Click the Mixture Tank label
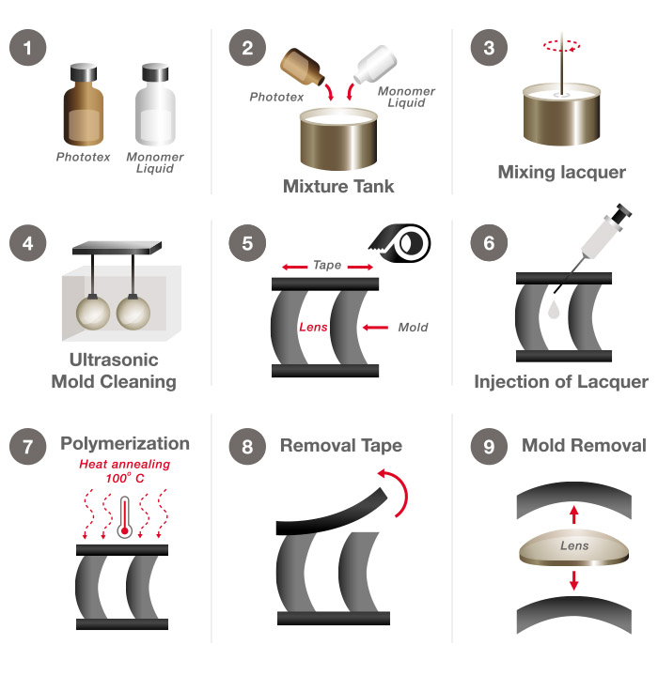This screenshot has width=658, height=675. point(338,186)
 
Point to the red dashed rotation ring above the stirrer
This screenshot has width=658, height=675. point(561,43)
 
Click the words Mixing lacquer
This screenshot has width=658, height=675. point(561,172)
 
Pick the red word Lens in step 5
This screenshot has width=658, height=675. point(314,328)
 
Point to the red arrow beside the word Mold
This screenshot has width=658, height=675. point(374,328)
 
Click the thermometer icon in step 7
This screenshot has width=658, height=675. point(123,515)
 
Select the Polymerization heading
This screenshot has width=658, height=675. point(125,444)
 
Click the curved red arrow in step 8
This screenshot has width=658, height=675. point(399,492)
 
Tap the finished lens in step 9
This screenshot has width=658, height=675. point(572,547)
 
